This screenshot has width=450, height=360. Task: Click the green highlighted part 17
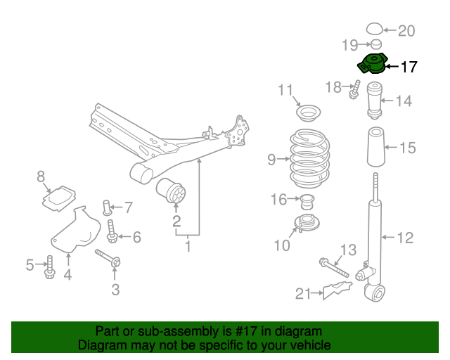coord(372,64)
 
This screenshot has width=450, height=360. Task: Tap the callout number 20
coord(407,30)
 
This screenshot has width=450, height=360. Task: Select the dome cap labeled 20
coord(375,29)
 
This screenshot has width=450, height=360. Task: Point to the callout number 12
coord(406,238)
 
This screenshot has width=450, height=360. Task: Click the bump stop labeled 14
coord(375,103)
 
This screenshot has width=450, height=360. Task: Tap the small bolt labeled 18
coord(355,90)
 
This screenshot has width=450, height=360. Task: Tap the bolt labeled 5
coord(50,266)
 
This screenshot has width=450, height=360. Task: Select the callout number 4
coord(67,275)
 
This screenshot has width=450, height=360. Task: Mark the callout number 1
coord(188,246)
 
